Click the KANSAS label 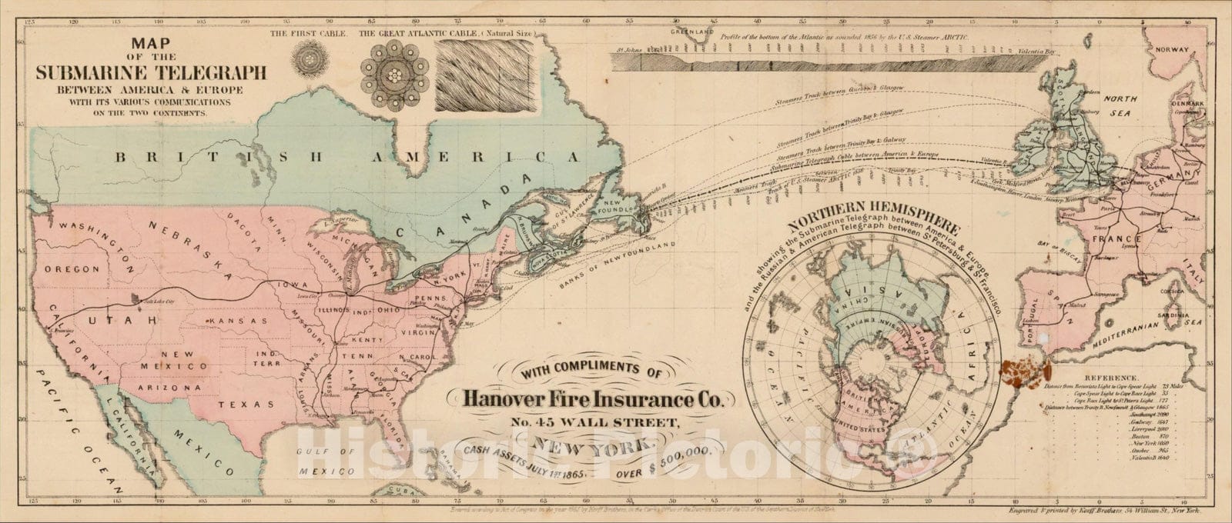click(x=239, y=320)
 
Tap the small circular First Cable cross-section click(x=310, y=58)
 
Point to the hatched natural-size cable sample click(x=471, y=75)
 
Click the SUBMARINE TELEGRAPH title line click(x=151, y=73)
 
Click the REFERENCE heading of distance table click(x=1110, y=378)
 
